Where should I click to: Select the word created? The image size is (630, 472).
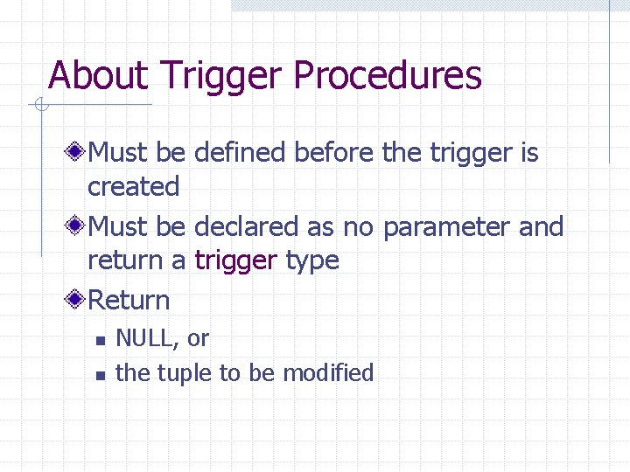coord(133,186)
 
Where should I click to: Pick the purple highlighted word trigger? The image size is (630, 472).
coord(235,260)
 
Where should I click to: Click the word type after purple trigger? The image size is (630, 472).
coord(312,260)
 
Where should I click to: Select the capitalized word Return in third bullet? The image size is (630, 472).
coord(129,300)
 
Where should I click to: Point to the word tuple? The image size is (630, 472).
coord(187,373)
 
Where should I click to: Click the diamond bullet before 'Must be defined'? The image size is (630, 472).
coord(77,153)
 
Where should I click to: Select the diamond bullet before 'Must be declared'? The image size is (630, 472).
coord(77,226)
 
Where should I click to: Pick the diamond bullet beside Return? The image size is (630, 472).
coord(77,300)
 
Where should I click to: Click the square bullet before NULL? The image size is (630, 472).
coord(101,340)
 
